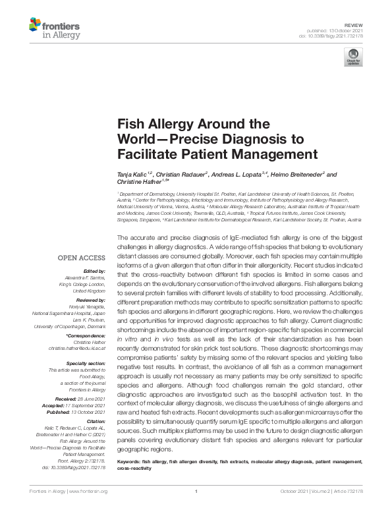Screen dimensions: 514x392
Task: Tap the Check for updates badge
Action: (x=354, y=57)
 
